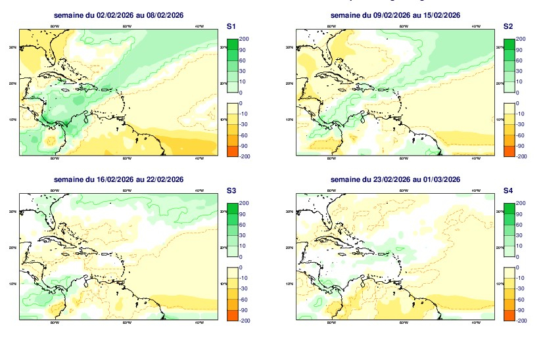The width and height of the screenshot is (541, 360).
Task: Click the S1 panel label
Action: [231, 26]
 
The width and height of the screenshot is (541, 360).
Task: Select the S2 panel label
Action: [507, 26]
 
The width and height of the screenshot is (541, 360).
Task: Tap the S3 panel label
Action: [231, 191]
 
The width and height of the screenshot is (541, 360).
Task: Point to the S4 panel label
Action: [507, 191]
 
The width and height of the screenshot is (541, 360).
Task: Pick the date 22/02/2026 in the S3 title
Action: [165, 179]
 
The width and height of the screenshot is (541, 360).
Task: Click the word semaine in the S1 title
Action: [68, 15]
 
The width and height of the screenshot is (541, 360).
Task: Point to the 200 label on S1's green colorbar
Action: [244, 39]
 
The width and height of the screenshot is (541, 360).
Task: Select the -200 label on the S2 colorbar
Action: [521, 156]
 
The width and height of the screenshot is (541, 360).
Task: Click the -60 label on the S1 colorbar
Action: [244, 135]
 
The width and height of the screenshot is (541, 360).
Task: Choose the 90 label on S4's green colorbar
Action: [520, 214]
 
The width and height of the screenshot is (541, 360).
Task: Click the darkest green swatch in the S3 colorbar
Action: [231, 208]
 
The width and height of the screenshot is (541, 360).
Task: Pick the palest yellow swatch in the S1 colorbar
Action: [231, 108]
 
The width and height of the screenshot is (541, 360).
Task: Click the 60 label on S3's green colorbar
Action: [243, 225]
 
